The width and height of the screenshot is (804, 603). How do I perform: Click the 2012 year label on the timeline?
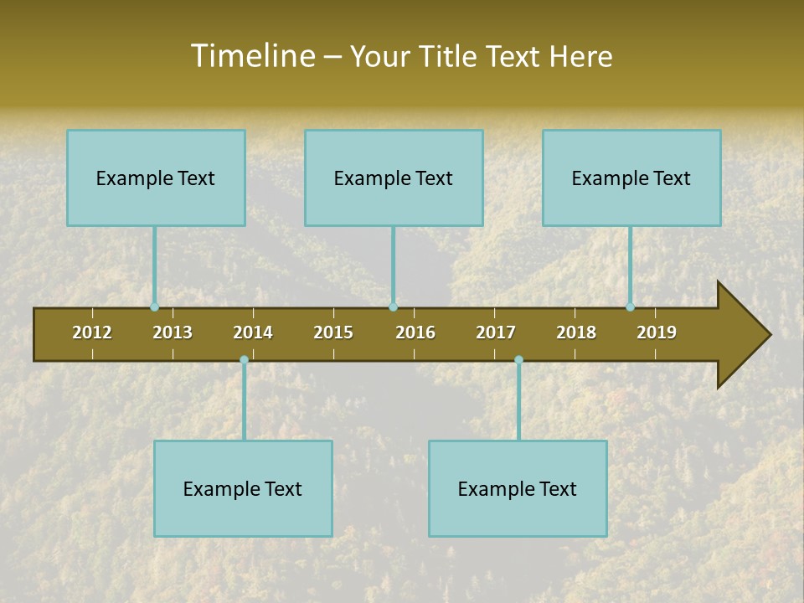pos(92,332)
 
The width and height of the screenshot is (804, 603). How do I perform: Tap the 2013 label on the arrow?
pos(173,332)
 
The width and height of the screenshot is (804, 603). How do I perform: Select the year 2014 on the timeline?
pos(253,332)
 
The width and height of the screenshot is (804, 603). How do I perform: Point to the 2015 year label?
pos(333,332)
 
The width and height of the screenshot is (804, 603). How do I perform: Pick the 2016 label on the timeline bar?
pos(415,332)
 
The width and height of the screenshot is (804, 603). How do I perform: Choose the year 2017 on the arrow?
pos(496,332)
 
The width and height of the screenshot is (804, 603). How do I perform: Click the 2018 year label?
pos(576,332)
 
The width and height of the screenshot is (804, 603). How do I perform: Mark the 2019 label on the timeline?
pos(657,332)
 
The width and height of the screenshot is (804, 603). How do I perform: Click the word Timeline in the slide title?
pos(252,56)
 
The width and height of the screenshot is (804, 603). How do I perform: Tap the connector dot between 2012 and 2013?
pos(154,307)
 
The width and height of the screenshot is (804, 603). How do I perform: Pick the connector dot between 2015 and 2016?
pos(393,307)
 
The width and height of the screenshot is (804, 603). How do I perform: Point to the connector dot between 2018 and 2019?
pos(631,307)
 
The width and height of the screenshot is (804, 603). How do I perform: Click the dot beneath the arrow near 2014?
pos(244,360)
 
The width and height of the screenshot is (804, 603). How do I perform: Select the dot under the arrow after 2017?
pos(518,360)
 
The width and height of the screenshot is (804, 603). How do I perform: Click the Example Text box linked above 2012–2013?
pos(156,178)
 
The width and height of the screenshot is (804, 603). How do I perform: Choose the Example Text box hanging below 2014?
pos(243,488)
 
